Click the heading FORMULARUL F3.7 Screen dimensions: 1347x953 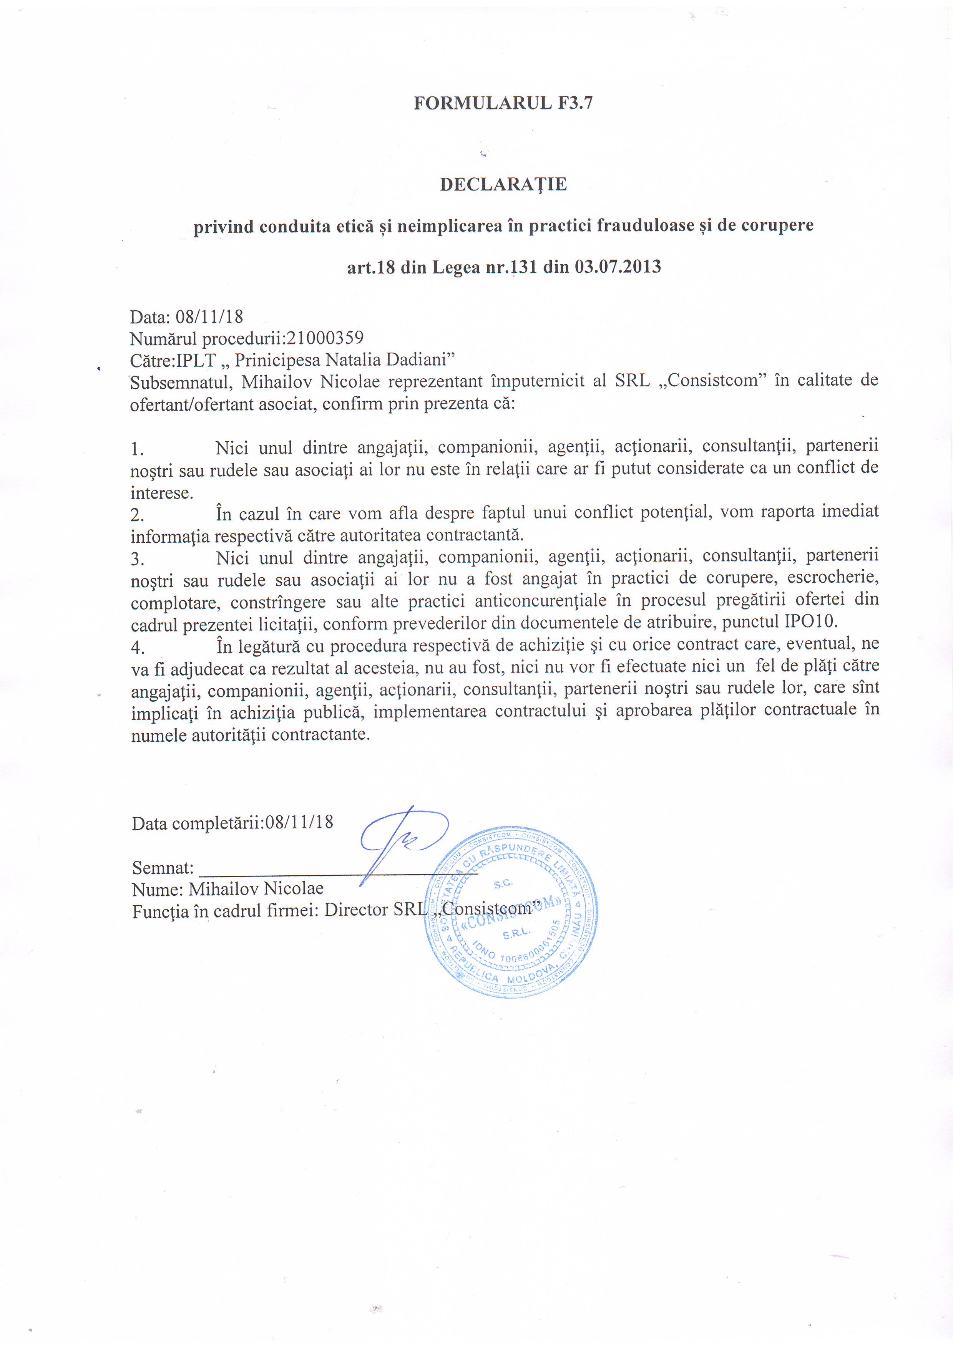pyautogui.click(x=503, y=103)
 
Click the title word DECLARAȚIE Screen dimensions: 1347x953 pyautogui.click(x=503, y=185)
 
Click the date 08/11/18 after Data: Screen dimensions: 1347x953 pyautogui.click(x=209, y=317)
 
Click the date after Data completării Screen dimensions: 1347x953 pyautogui.click(x=299, y=822)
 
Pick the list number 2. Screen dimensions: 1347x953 pyautogui.click(x=137, y=515)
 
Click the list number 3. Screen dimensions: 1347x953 pyautogui.click(x=137, y=559)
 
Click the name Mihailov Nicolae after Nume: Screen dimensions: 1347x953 pyautogui.click(x=256, y=889)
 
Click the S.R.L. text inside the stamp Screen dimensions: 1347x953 pyautogui.click(x=516, y=932)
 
